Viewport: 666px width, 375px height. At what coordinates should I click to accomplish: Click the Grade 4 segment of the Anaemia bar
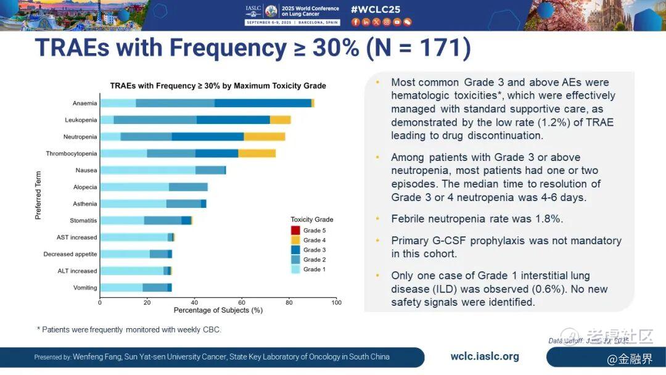tap(313, 103)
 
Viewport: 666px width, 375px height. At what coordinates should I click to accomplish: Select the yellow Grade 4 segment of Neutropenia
tap(265, 136)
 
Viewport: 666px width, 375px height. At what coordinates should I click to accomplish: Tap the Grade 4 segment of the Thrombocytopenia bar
tap(257, 153)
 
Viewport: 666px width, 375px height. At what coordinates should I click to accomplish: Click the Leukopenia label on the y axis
tap(81, 120)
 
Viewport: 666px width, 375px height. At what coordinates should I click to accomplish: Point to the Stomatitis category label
tap(83, 220)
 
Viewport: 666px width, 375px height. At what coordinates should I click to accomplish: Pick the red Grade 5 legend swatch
tap(295, 230)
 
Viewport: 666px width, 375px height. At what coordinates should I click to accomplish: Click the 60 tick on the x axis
tap(242, 302)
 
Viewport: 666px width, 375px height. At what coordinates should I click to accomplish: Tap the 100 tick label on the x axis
tap(336, 302)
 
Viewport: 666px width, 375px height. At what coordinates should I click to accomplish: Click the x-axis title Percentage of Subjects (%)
tap(218, 310)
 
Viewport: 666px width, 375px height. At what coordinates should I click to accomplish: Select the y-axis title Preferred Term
tap(38, 195)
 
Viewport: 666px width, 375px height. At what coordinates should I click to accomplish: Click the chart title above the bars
tap(218, 86)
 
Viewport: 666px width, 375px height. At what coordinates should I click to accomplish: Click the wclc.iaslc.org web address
tap(485, 356)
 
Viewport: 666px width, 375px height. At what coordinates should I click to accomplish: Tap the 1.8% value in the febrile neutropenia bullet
tap(549, 219)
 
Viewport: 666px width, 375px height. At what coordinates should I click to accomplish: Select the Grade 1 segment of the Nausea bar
tap(147, 170)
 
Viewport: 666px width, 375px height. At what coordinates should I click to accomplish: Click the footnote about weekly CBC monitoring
tap(129, 330)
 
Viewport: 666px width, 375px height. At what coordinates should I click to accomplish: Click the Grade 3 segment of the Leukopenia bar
tap(233, 120)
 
